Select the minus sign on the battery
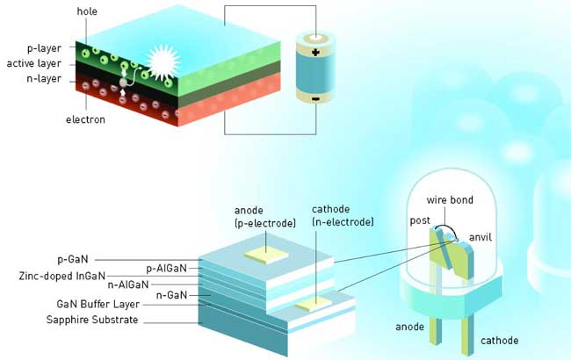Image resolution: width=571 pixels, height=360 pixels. [x=315, y=99]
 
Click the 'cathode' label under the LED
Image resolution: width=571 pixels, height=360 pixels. [x=498, y=340]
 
